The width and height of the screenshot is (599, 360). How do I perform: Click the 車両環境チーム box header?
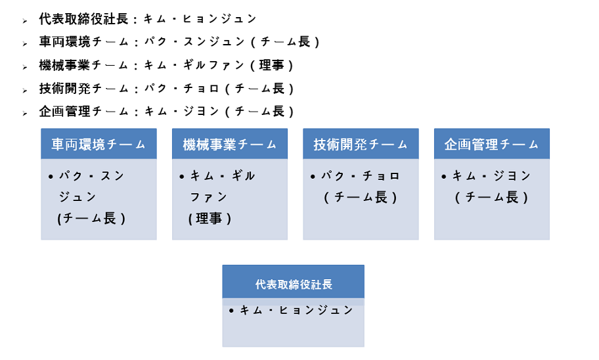pos(99,145)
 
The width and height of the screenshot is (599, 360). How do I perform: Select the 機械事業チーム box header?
pos(230,145)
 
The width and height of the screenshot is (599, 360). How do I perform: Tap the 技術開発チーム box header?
pos(361,145)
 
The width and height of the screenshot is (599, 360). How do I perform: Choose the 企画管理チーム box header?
pos(491,145)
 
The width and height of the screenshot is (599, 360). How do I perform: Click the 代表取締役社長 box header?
pos(293,284)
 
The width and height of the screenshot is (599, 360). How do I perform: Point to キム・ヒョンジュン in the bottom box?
pos(296,310)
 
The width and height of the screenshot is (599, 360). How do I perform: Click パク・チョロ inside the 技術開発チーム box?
pos(361,176)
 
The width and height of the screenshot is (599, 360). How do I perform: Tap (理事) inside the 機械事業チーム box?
pos(210,219)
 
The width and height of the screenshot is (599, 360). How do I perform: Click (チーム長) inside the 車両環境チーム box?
pos(92,219)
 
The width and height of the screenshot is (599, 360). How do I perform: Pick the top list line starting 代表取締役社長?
pos(148,19)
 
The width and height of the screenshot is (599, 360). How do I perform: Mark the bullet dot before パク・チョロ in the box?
pos(313,177)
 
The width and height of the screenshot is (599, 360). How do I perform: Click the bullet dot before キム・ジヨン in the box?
pos(444,177)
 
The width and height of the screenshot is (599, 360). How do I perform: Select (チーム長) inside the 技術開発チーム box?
pos(361,197)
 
